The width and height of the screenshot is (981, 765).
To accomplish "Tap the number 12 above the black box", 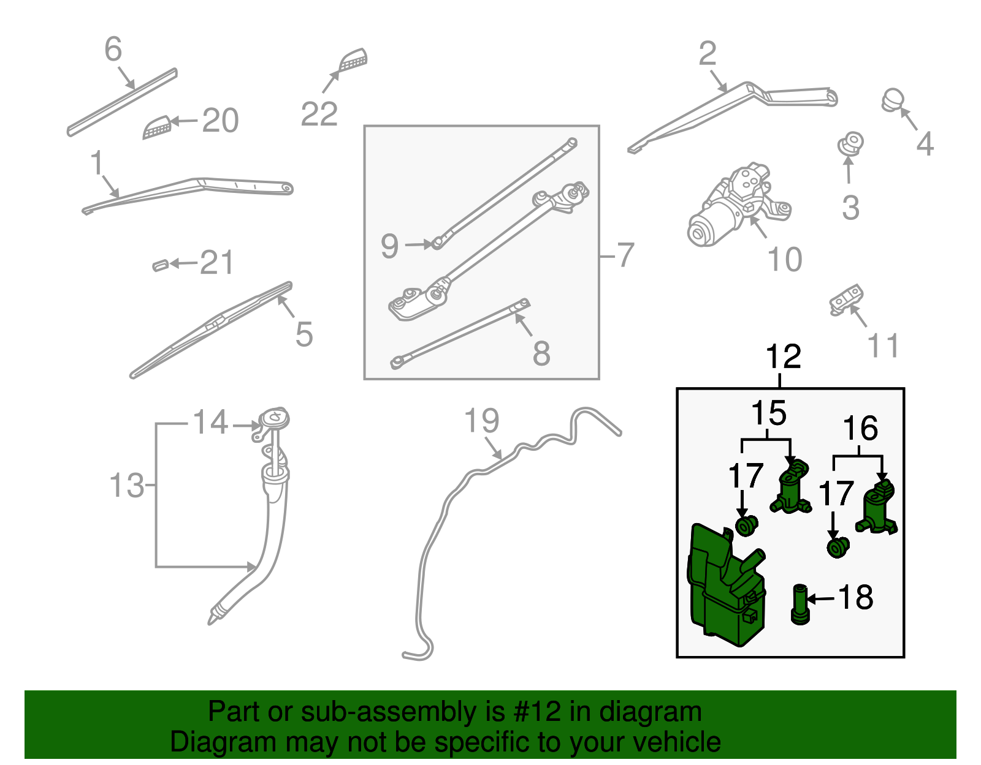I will click(783, 356).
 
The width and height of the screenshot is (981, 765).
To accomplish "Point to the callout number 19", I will click(481, 421).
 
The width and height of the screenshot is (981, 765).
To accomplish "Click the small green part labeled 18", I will click(800, 605).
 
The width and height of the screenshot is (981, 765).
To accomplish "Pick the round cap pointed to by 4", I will click(893, 100).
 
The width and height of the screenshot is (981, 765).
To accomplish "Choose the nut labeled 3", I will click(850, 144).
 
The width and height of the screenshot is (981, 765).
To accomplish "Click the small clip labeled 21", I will click(160, 265).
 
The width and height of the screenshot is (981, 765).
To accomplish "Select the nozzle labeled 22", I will click(353, 60).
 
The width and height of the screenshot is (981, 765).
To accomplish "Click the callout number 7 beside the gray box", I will click(625, 255).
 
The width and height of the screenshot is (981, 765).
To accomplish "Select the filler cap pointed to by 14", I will click(273, 420).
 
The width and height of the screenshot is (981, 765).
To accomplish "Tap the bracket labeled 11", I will click(846, 300).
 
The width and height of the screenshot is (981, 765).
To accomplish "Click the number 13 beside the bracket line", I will click(126, 486).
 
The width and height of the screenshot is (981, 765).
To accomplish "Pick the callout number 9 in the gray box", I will click(389, 246).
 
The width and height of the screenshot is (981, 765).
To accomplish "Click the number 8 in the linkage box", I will click(541, 353).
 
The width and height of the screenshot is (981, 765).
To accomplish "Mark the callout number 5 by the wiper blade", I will click(304, 334).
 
